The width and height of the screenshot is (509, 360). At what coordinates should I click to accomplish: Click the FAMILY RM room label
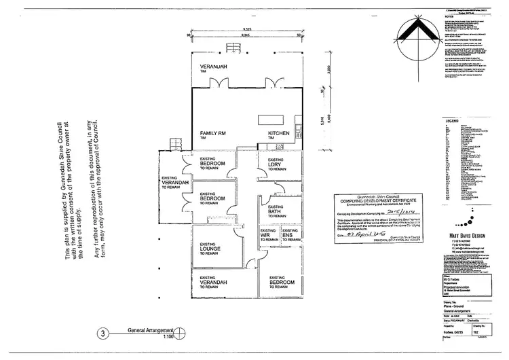click(x=212, y=133)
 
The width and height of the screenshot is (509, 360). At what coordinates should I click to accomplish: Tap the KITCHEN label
click(x=278, y=133)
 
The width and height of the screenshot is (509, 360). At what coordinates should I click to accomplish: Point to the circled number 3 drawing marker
click(x=102, y=334)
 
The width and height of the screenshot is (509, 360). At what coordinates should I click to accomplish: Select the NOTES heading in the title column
click(x=448, y=17)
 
